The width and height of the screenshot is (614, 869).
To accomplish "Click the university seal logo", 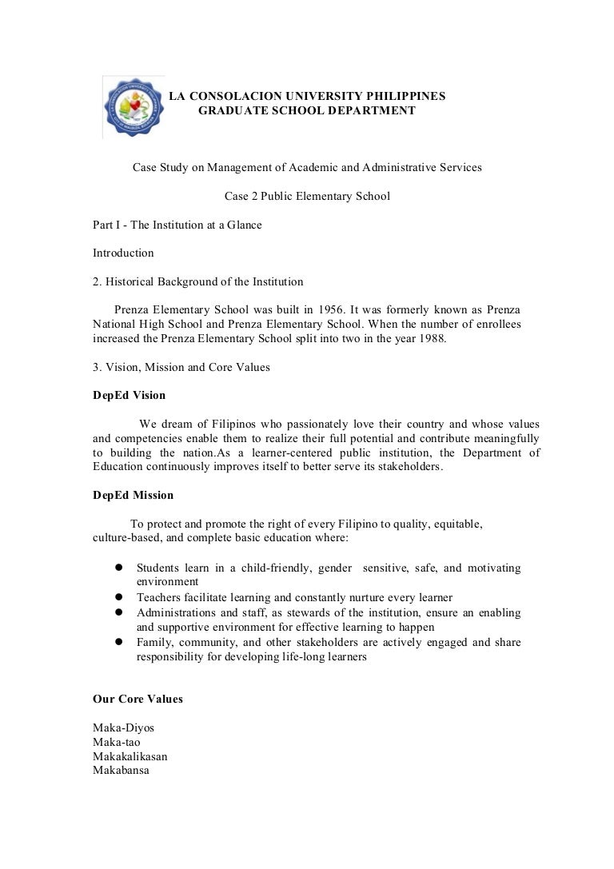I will pos(134,107).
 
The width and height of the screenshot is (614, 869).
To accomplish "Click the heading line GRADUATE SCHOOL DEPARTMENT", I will pos(306,110).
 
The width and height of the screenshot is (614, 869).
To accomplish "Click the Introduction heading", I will pos(123,253).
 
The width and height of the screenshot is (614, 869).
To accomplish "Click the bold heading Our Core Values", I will pos(138,699).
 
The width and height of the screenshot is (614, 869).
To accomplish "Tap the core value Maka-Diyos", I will pos(124,727).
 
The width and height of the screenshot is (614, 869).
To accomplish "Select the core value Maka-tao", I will pos(117,742).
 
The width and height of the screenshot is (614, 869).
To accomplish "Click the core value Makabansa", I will pos(122,771).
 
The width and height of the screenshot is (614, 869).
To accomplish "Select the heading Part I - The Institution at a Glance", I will pos(177,225).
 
